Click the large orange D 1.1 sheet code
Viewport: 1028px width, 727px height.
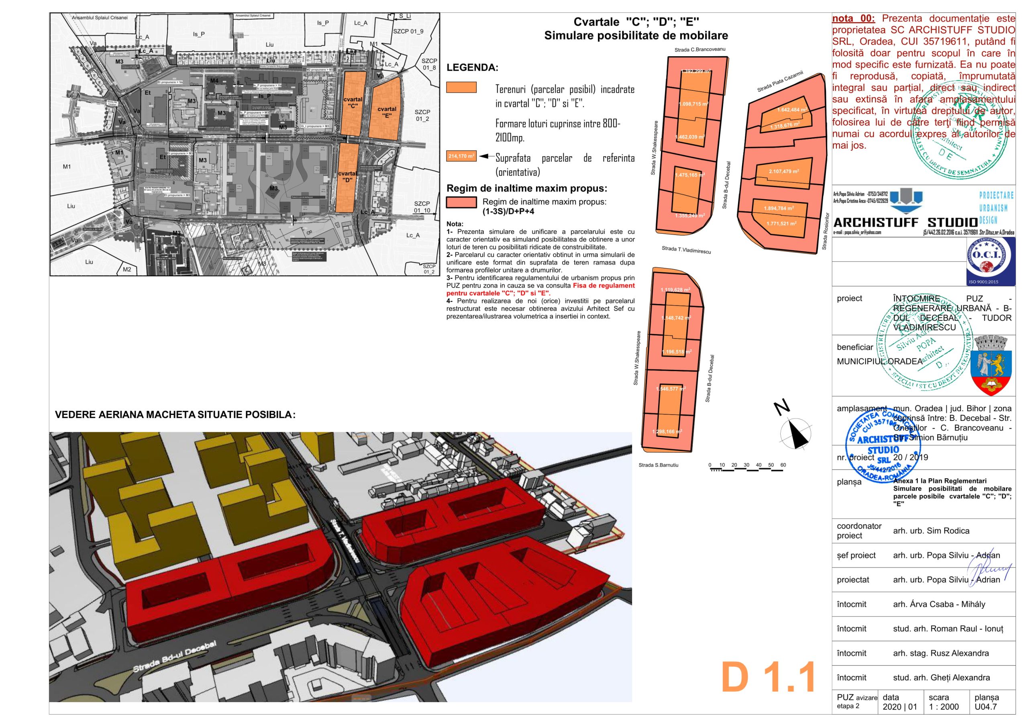(x=768, y=677)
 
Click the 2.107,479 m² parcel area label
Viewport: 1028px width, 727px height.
(x=783, y=172)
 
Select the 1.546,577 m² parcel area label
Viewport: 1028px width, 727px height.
(x=671, y=389)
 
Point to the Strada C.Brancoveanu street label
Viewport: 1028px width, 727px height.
(x=700, y=49)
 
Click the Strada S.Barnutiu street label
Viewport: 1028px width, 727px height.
(x=658, y=465)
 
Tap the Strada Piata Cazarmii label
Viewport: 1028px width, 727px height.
(x=780, y=81)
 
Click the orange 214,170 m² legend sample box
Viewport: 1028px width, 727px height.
(x=461, y=156)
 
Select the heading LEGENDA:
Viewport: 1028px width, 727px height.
(x=472, y=67)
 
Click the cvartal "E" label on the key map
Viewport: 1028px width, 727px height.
(x=387, y=112)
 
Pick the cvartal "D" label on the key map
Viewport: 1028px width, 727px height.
(x=347, y=176)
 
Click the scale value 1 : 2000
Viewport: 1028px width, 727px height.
(x=943, y=707)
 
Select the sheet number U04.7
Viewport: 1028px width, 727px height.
(x=985, y=707)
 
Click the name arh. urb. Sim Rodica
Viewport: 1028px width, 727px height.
(x=931, y=531)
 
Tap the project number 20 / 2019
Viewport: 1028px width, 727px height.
(x=910, y=457)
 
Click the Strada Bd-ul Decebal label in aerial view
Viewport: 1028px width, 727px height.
(x=175, y=657)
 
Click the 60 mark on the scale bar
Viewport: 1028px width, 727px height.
(x=783, y=465)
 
